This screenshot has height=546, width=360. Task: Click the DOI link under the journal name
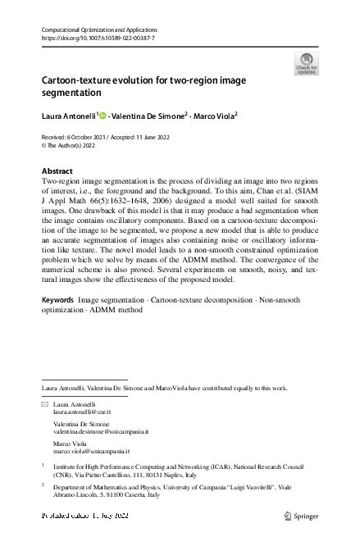pyautogui.click(x=85, y=38)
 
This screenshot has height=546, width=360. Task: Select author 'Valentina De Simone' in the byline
pyautogui.click(x=149, y=116)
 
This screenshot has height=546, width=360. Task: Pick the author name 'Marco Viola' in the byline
pyautogui.click(x=212, y=116)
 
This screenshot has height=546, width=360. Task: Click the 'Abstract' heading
pyautogui.click(x=56, y=171)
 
